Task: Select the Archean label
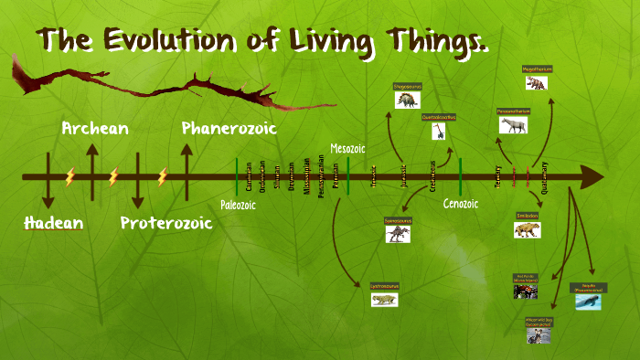pyautogui.click(x=95, y=129)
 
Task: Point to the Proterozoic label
pyautogui.click(x=165, y=223)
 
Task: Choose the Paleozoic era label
pyautogui.click(x=238, y=205)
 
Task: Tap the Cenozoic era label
pyautogui.click(x=460, y=204)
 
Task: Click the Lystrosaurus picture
pyautogui.click(x=384, y=299)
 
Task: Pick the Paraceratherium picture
pyautogui.click(x=513, y=124)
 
